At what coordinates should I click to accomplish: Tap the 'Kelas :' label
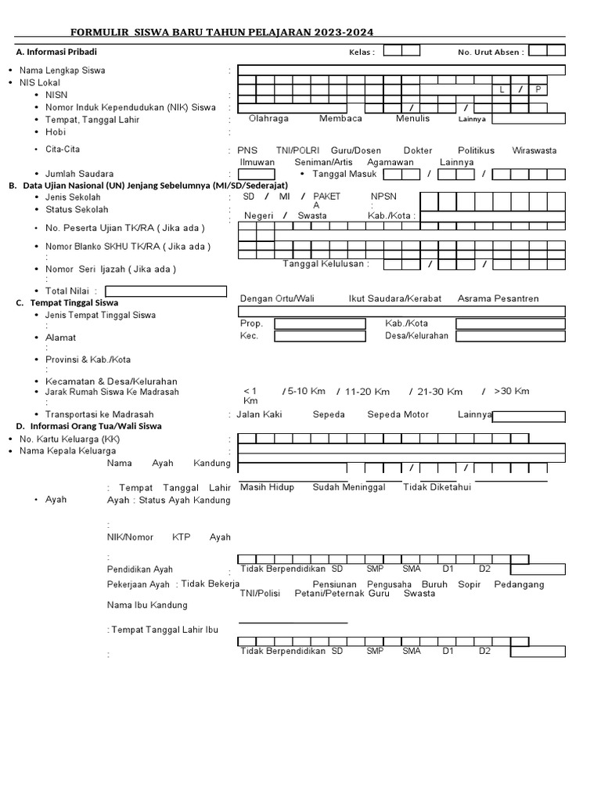[x=362, y=52]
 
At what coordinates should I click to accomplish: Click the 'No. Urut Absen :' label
[x=491, y=52]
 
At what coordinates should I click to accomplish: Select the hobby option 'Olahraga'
[x=268, y=118]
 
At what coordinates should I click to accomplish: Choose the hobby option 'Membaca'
[x=340, y=118]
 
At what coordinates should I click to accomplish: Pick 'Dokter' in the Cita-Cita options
[x=417, y=150]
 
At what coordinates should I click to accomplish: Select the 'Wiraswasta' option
[x=534, y=150]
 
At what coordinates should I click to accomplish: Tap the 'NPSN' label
[x=384, y=197]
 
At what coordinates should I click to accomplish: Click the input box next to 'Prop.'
[x=319, y=323]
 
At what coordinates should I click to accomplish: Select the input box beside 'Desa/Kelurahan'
[x=510, y=336]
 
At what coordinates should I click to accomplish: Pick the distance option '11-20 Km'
[x=367, y=392]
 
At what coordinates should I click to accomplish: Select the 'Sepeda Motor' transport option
[x=398, y=414]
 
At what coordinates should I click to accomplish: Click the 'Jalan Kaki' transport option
[x=259, y=414]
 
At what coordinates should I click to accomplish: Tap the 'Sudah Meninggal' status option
[x=349, y=487]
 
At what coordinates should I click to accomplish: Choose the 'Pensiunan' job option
[x=334, y=584]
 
